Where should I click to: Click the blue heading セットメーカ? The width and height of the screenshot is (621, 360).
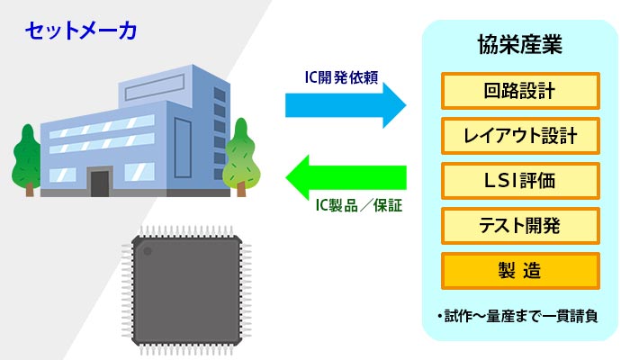click(81, 31)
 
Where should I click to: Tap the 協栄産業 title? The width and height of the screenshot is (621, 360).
click(519, 44)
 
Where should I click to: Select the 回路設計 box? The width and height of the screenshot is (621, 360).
click(520, 91)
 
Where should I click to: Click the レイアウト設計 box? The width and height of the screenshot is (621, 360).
click(520, 136)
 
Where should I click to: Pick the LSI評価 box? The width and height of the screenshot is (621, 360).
click(520, 181)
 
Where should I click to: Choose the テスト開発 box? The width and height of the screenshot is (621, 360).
click(520, 226)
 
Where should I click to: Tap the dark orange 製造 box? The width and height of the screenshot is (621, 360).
click(520, 271)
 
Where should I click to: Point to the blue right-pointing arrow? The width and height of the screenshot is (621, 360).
click(346, 105)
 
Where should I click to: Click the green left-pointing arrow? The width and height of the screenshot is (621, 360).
click(346, 177)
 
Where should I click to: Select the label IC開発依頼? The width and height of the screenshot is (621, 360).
click(341, 77)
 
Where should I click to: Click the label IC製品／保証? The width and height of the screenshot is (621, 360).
click(359, 206)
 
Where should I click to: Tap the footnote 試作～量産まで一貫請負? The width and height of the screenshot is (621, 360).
click(517, 316)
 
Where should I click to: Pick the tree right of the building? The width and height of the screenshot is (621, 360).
click(241, 157)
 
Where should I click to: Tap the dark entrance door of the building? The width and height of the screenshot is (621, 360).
click(100, 184)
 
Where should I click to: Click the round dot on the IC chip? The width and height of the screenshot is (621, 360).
click(148, 251)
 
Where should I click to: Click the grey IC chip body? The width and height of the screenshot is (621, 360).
click(186, 290)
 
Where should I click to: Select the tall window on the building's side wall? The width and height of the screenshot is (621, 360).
click(183, 148)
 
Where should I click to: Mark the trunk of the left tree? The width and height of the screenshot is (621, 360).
click(30, 190)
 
